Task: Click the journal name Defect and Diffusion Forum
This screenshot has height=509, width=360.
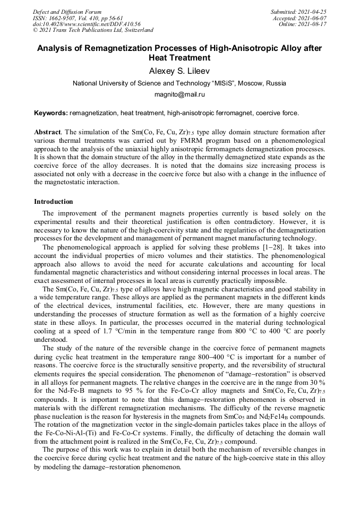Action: coord(67,12)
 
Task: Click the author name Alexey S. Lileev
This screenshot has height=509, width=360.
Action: coord(179,71)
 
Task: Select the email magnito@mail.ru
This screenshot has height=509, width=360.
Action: coord(179,94)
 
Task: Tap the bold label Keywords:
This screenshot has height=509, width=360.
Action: coord(50,113)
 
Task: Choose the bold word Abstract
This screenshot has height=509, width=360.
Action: coord(47,132)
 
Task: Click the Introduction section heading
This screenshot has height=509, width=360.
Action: coord(54,202)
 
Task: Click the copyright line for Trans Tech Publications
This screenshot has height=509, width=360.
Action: coord(93,31)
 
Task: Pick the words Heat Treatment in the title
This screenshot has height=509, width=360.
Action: coord(179,57)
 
